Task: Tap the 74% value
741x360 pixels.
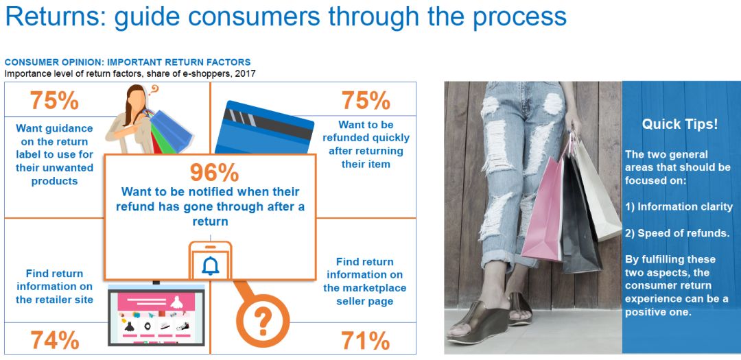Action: pos(55,340)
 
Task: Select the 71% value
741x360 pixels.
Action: pos(366,340)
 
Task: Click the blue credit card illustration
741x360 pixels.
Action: pos(264,128)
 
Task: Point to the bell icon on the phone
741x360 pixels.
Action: pos(211,266)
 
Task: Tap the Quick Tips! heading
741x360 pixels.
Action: pos(679,124)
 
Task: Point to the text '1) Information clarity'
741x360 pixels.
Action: pos(679,207)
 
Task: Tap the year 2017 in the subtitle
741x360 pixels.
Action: pos(246,73)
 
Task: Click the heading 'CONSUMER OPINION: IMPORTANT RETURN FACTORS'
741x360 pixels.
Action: pos(128,62)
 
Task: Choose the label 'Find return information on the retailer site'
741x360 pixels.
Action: pos(54,287)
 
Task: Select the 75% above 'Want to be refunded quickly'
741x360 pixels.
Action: pos(366,100)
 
